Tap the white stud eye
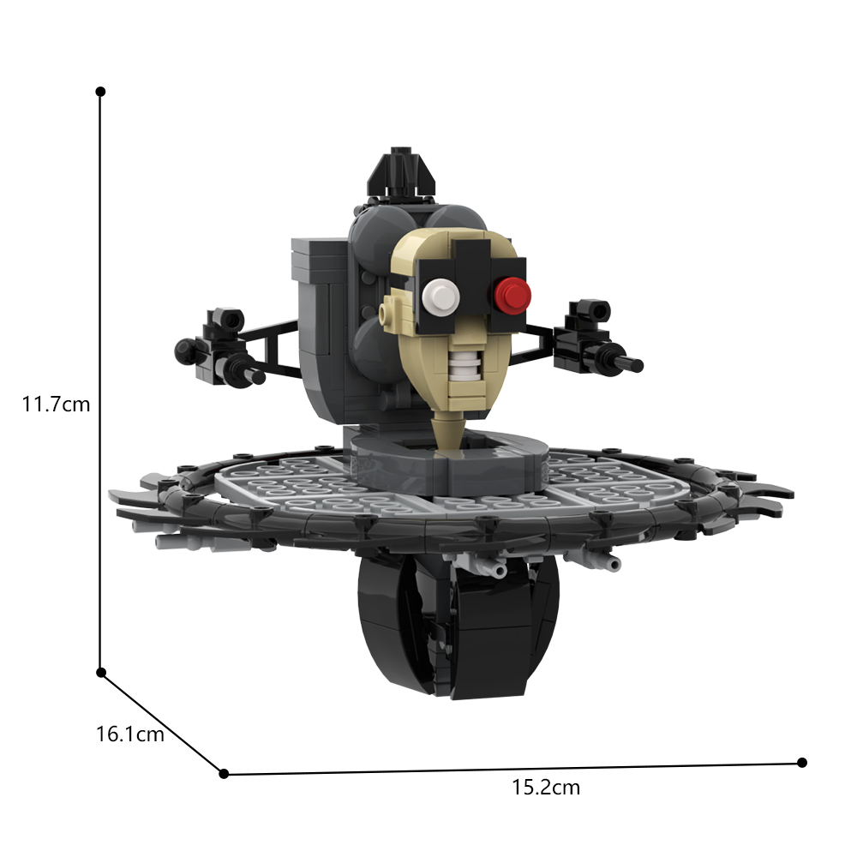click(x=440, y=297)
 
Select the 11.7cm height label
click(x=56, y=404)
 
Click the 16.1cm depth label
click(x=129, y=734)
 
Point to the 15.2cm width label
click(x=546, y=788)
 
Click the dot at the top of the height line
click(x=100, y=91)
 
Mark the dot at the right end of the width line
click(x=802, y=762)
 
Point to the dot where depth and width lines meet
click(x=224, y=774)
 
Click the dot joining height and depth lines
click(x=101, y=673)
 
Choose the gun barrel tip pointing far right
click(x=638, y=366)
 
